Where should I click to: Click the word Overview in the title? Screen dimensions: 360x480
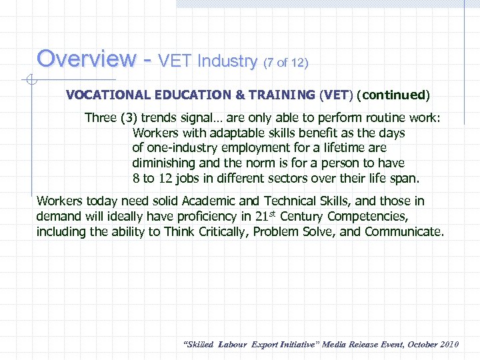tap(85, 59)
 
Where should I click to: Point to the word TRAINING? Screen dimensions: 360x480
tap(279, 95)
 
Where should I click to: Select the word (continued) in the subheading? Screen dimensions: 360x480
tap(393, 95)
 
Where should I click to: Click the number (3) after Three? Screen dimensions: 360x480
tap(129, 118)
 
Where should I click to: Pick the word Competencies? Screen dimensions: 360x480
tap(368, 217)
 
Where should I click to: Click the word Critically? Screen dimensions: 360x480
tap(249, 232)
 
